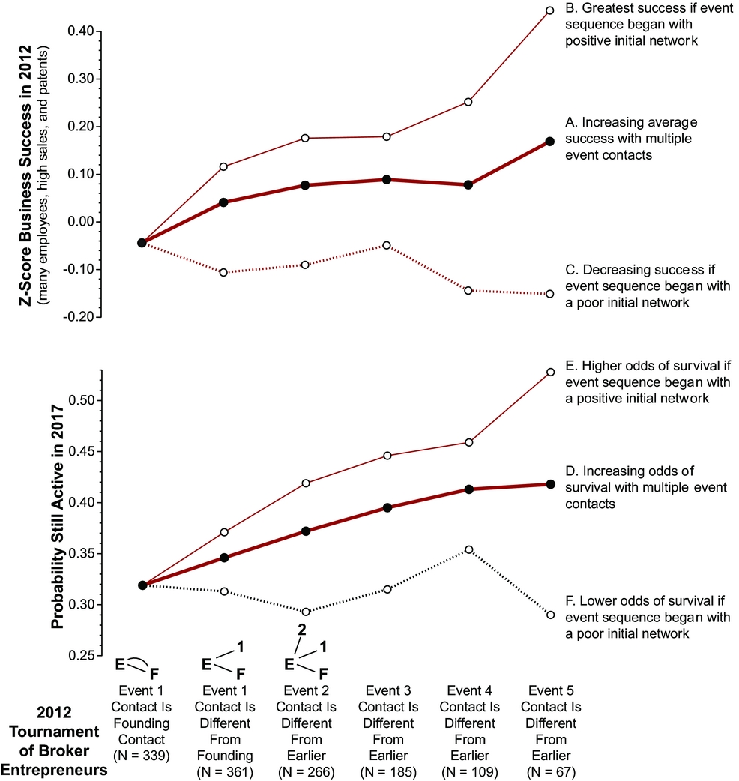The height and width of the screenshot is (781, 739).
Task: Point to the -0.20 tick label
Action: click(x=81, y=316)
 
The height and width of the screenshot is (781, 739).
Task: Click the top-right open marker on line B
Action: click(x=549, y=10)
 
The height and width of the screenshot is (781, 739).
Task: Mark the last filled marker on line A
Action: click(x=549, y=141)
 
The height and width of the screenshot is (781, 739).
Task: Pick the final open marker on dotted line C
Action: click(x=549, y=294)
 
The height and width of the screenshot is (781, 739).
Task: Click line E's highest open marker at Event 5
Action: click(x=549, y=372)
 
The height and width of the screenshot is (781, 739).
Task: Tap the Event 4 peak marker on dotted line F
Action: click(x=468, y=549)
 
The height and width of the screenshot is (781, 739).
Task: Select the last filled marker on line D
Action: click(x=549, y=484)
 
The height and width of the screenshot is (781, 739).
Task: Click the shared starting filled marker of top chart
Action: click(x=142, y=242)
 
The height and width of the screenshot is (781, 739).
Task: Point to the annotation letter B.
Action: click(x=569, y=10)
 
